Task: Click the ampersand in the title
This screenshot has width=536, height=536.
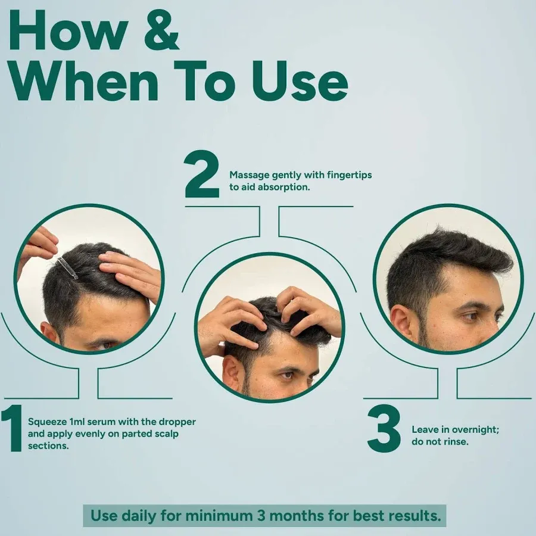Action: pyautogui.click(x=161, y=30)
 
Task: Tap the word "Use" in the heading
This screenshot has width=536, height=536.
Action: pyautogui.click(x=300, y=81)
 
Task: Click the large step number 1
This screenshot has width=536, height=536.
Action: pyautogui.click(x=13, y=428)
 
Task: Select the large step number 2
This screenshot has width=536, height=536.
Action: pyautogui.click(x=201, y=174)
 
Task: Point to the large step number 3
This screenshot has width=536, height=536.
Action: pyautogui.click(x=384, y=428)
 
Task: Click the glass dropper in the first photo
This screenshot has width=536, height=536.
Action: pyautogui.click(x=68, y=268)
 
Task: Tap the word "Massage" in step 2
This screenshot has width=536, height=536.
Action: pyautogui.click(x=249, y=175)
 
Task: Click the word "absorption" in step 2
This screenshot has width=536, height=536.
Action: pyautogui.click(x=283, y=188)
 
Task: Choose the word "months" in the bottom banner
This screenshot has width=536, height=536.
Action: pyautogui.click(x=297, y=516)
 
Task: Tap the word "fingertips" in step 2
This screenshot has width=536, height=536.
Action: pyautogui.click(x=349, y=175)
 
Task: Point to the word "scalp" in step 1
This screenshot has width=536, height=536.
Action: pyautogui.click(x=167, y=434)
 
